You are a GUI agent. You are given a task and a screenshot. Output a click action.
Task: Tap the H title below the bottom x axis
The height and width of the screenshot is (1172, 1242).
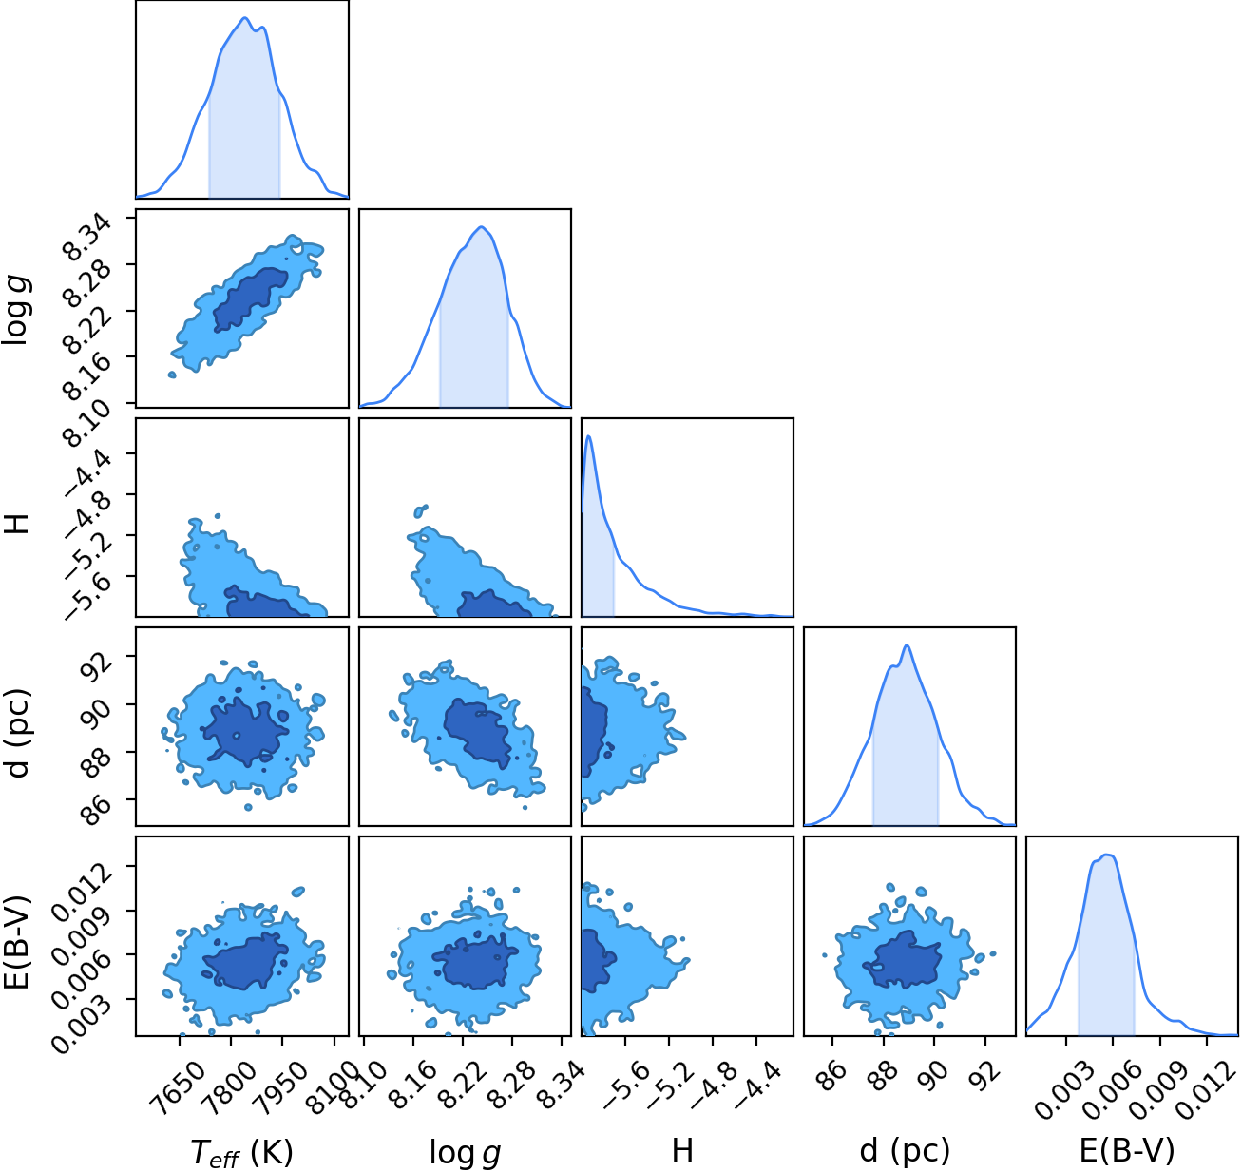682,1150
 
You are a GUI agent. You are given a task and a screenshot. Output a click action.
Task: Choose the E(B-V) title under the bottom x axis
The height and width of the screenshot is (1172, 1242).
1127,1150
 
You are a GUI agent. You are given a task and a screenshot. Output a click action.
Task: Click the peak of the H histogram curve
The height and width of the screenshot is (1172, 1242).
588,435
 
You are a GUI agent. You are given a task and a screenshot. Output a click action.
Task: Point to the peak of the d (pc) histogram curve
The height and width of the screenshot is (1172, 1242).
907,645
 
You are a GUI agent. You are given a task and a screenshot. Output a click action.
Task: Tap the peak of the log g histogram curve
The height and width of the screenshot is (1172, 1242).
481,226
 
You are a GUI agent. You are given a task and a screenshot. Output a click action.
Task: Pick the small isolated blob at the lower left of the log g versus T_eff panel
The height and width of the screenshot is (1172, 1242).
172,375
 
